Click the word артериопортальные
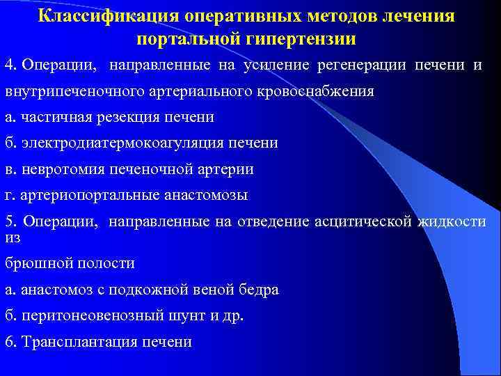(x=89, y=195)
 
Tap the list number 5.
(x=9, y=222)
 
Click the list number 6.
(x=9, y=342)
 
